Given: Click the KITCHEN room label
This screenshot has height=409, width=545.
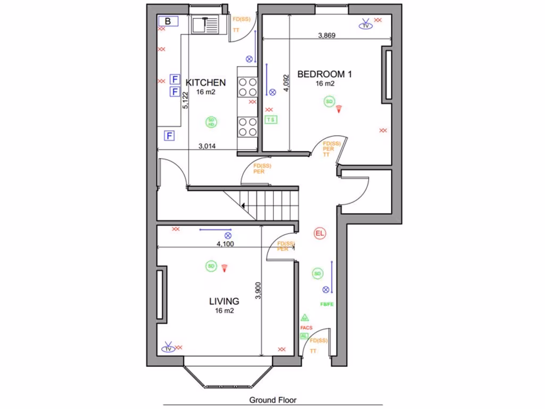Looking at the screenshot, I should click(205, 83).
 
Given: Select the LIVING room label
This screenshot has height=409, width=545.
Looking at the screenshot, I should click(224, 301).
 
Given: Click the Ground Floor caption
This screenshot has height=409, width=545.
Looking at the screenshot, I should click(272, 399).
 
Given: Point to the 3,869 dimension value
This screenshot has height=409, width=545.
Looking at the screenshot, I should click(326, 36).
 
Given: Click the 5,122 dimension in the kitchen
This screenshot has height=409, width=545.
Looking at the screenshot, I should click(185, 100).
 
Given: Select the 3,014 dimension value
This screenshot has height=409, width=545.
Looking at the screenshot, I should click(207, 146).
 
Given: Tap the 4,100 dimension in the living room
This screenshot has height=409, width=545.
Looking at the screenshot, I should click(225, 244).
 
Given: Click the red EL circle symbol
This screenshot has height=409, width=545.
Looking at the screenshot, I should click(319, 233).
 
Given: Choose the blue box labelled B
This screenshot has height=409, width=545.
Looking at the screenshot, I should click(168, 21).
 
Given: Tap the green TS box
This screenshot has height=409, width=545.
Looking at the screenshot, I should click(271, 120).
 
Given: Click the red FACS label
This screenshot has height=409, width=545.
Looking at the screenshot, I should click(306, 328).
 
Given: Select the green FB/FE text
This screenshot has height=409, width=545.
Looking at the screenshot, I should click(327, 305).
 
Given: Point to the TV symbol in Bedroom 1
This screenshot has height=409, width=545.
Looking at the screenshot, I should click(366, 25).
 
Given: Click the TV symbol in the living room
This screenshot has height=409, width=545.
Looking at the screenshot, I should click(168, 348).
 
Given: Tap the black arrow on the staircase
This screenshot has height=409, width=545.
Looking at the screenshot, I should click(243, 205).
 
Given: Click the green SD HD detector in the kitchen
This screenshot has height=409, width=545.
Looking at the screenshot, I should click(211, 122).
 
